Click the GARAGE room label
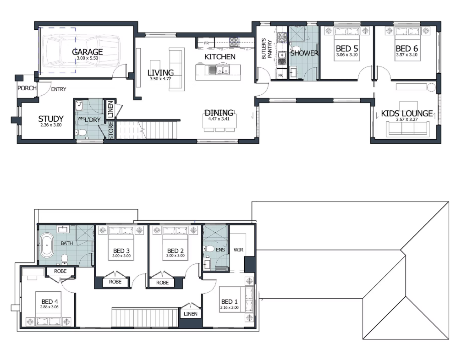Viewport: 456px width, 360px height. pyautogui.click(x=87, y=52)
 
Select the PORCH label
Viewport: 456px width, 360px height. pyautogui.click(x=27, y=88)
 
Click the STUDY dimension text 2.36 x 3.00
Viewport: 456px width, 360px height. pyautogui.click(x=51, y=125)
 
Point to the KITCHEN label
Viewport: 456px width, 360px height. pyautogui.click(x=220, y=57)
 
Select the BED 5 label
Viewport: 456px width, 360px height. pyautogui.click(x=347, y=49)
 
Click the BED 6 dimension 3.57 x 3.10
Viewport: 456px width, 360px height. pyautogui.click(x=407, y=55)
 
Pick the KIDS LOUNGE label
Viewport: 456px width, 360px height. pyautogui.click(x=407, y=113)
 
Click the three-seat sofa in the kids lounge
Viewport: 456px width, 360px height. pyautogui.click(x=407, y=129)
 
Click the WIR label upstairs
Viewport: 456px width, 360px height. pyautogui.click(x=238, y=250)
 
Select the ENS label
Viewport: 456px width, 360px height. pyautogui.click(x=220, y=250)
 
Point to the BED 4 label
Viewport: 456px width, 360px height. pyautogui.click(x=49, y=302)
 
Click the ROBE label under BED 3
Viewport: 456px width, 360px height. pyautogui.click(x=115, y=282)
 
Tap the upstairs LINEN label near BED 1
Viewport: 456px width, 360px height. pyautogui.click(x=191, y=314)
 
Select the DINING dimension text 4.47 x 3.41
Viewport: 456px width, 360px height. pyautogui.click(x=219, y=119)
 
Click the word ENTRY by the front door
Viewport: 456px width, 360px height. pyautogui.click(x=59, y=89)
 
